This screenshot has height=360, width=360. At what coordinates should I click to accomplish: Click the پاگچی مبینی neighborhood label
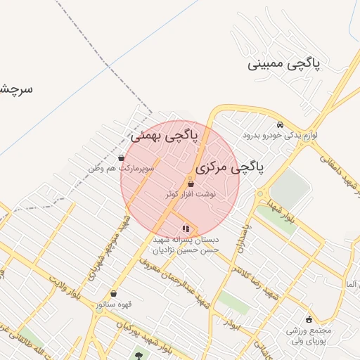pos(284,64)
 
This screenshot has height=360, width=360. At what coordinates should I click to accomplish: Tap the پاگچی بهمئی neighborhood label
pos(164,134)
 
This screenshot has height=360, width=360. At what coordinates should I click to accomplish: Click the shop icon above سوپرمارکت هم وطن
pos(122,158)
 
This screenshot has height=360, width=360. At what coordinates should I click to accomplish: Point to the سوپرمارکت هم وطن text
pos(122,169)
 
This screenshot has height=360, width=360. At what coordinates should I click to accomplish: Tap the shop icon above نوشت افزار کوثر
pos(191,184)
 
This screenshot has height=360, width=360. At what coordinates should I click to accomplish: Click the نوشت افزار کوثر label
pos(191,193)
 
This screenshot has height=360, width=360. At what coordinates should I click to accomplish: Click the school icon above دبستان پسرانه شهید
pos(186,228)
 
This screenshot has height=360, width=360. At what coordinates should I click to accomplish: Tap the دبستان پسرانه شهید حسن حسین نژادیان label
pos(186,243)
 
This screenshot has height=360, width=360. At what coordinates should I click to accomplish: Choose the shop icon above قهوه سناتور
pos(114,294)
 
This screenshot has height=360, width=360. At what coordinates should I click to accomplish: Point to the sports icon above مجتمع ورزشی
pos(308,320)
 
